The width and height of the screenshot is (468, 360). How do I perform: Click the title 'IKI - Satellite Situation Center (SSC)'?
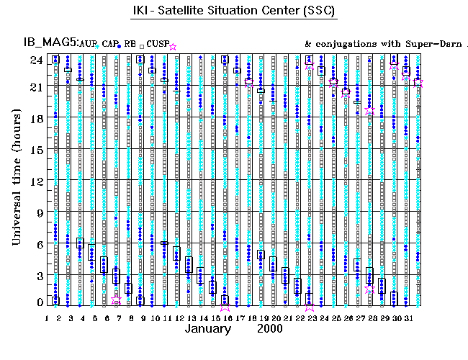coord(234,12)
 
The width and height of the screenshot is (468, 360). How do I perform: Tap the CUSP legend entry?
coord(158,45)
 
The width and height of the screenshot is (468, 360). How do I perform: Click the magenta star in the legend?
coord(172,47)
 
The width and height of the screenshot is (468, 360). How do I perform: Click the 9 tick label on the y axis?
coord(38,212)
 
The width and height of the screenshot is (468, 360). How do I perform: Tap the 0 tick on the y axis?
coord(38,303)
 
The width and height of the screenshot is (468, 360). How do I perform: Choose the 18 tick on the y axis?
coord(35,118)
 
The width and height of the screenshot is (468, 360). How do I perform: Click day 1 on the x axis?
coord(47,318)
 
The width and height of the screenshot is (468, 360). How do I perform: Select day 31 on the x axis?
coord(408,318)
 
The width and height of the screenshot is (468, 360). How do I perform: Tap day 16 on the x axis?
coord(226,318)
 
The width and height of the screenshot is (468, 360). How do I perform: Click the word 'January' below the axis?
coord(208,329)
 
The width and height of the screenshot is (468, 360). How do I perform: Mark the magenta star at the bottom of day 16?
coord(225,305)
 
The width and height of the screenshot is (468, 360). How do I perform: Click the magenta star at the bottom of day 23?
coord(310,305)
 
